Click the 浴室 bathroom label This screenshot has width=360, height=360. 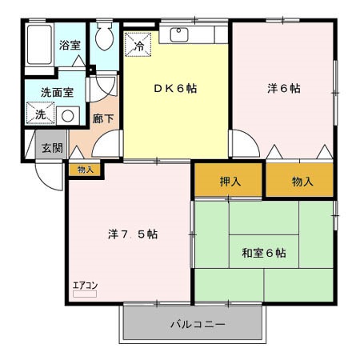tap(70, 46)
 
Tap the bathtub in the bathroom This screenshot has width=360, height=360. tap(39, 47)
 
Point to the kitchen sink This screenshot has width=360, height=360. tap(177, 35)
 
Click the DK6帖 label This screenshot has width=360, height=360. tap(175, 88)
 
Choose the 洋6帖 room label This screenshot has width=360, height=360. tap(283, 88)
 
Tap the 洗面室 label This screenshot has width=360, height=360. tap(57, 92)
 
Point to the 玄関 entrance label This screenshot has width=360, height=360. tap(52, 148)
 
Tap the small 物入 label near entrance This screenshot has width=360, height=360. tap(86, 170)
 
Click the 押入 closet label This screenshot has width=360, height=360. tap(230, 182)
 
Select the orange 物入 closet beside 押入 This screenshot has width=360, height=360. tap(302, 182)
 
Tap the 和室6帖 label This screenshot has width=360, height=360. tap(264, 254)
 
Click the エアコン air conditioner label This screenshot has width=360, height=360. tap(85, 285)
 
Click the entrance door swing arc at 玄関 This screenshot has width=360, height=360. tap(50, 180)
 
